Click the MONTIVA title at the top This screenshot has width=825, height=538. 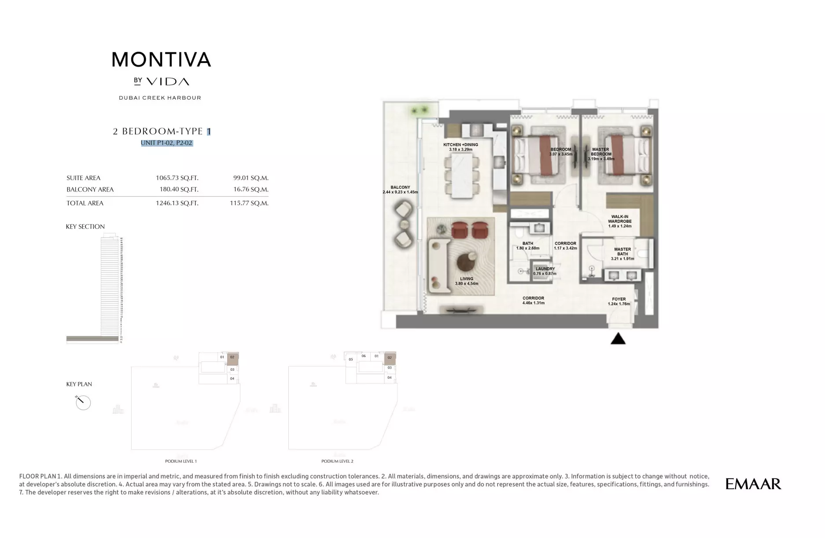coord(161,59)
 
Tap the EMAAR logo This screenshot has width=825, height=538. coord(753,484)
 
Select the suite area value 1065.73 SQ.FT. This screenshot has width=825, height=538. coord(177,178)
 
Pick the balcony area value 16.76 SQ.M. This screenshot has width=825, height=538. coord(250,189)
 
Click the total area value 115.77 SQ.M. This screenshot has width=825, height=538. coord(249,203)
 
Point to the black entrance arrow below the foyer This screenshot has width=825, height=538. coord(618,338)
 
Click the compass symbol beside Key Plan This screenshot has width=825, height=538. coord(83,402)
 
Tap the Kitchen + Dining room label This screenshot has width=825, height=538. coord(460,147)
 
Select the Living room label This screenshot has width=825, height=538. coord(467,281)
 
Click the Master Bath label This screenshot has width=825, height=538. coord(622,254)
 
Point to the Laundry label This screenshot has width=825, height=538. coord(545,271)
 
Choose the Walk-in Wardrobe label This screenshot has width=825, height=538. coord(619,221)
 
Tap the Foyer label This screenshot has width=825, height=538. coord(619,302)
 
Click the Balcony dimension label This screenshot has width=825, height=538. coord(400,190)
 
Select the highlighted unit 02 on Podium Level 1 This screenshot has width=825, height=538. coord(232,358)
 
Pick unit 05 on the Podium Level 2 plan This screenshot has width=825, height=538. coord(351,359)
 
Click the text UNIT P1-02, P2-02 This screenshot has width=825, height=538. coord(167,143)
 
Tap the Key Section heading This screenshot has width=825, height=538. coord(85,227)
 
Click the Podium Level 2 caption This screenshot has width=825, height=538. coord(337,461)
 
